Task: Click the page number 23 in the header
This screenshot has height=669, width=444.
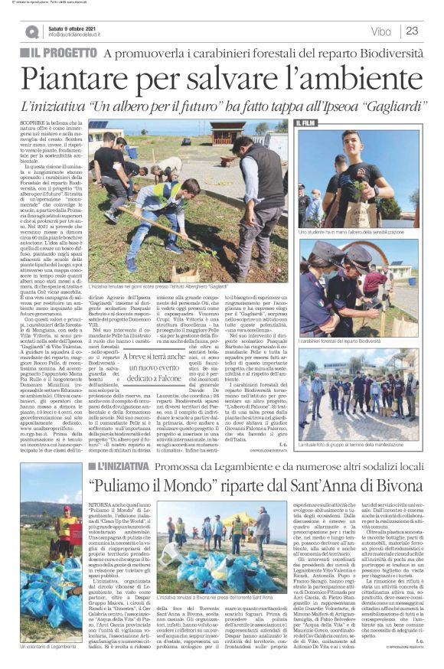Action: [412, 31]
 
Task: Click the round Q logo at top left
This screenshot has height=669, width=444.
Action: [31, 31]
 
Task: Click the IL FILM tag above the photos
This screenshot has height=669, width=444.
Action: [305, 122]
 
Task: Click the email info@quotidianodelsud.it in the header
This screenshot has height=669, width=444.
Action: [80, 35]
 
